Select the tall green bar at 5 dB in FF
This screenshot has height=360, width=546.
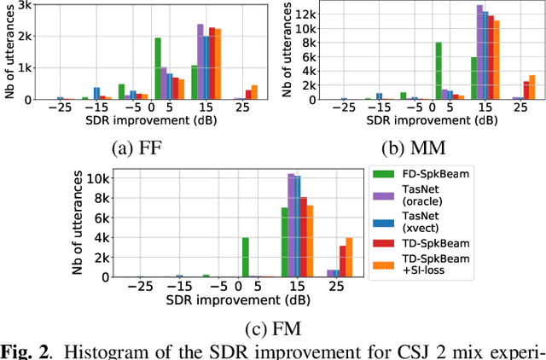pyautogui.click(x=158, y=68)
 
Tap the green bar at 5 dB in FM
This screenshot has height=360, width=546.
pyautogui.click(x=246, y=257)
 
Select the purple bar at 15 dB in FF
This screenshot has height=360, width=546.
pyautogui.click(x=200, y=61)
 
